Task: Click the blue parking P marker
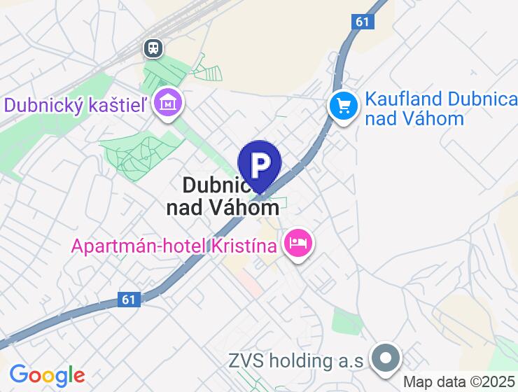tap(260, 164)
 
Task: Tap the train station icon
tap(153, 48)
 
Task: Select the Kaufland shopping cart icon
tap(344, 107)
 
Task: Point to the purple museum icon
tap(168, 104)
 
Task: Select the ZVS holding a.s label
tap(296, 361)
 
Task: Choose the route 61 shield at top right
tap(362, 22)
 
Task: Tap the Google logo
tap(46, 375)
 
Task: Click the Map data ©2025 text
tap(458, 382)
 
